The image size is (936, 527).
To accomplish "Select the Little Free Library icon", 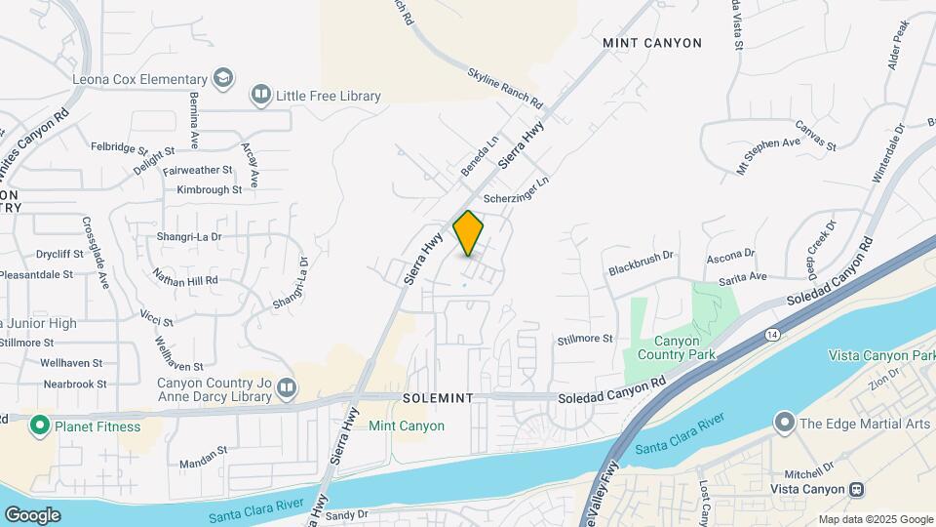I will [x=260, y=96].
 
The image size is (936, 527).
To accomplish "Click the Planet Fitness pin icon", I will [x=40, y=426].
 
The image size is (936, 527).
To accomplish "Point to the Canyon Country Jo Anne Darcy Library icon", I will [x=286, y=388].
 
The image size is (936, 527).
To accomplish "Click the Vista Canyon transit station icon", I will [x=856, y=489].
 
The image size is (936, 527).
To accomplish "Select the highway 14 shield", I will [x=772, y=335].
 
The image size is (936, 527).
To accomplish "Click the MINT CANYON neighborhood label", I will [x=651, y=43].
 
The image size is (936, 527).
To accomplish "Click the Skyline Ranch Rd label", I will [x=504, y=88].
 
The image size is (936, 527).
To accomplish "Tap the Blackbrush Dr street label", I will [x=642, y=261].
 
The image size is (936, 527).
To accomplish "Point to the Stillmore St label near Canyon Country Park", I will [x=584, y=339].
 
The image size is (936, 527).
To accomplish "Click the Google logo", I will [x=32, y=514].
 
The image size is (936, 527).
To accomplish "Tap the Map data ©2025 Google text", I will [x=875, y=519].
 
